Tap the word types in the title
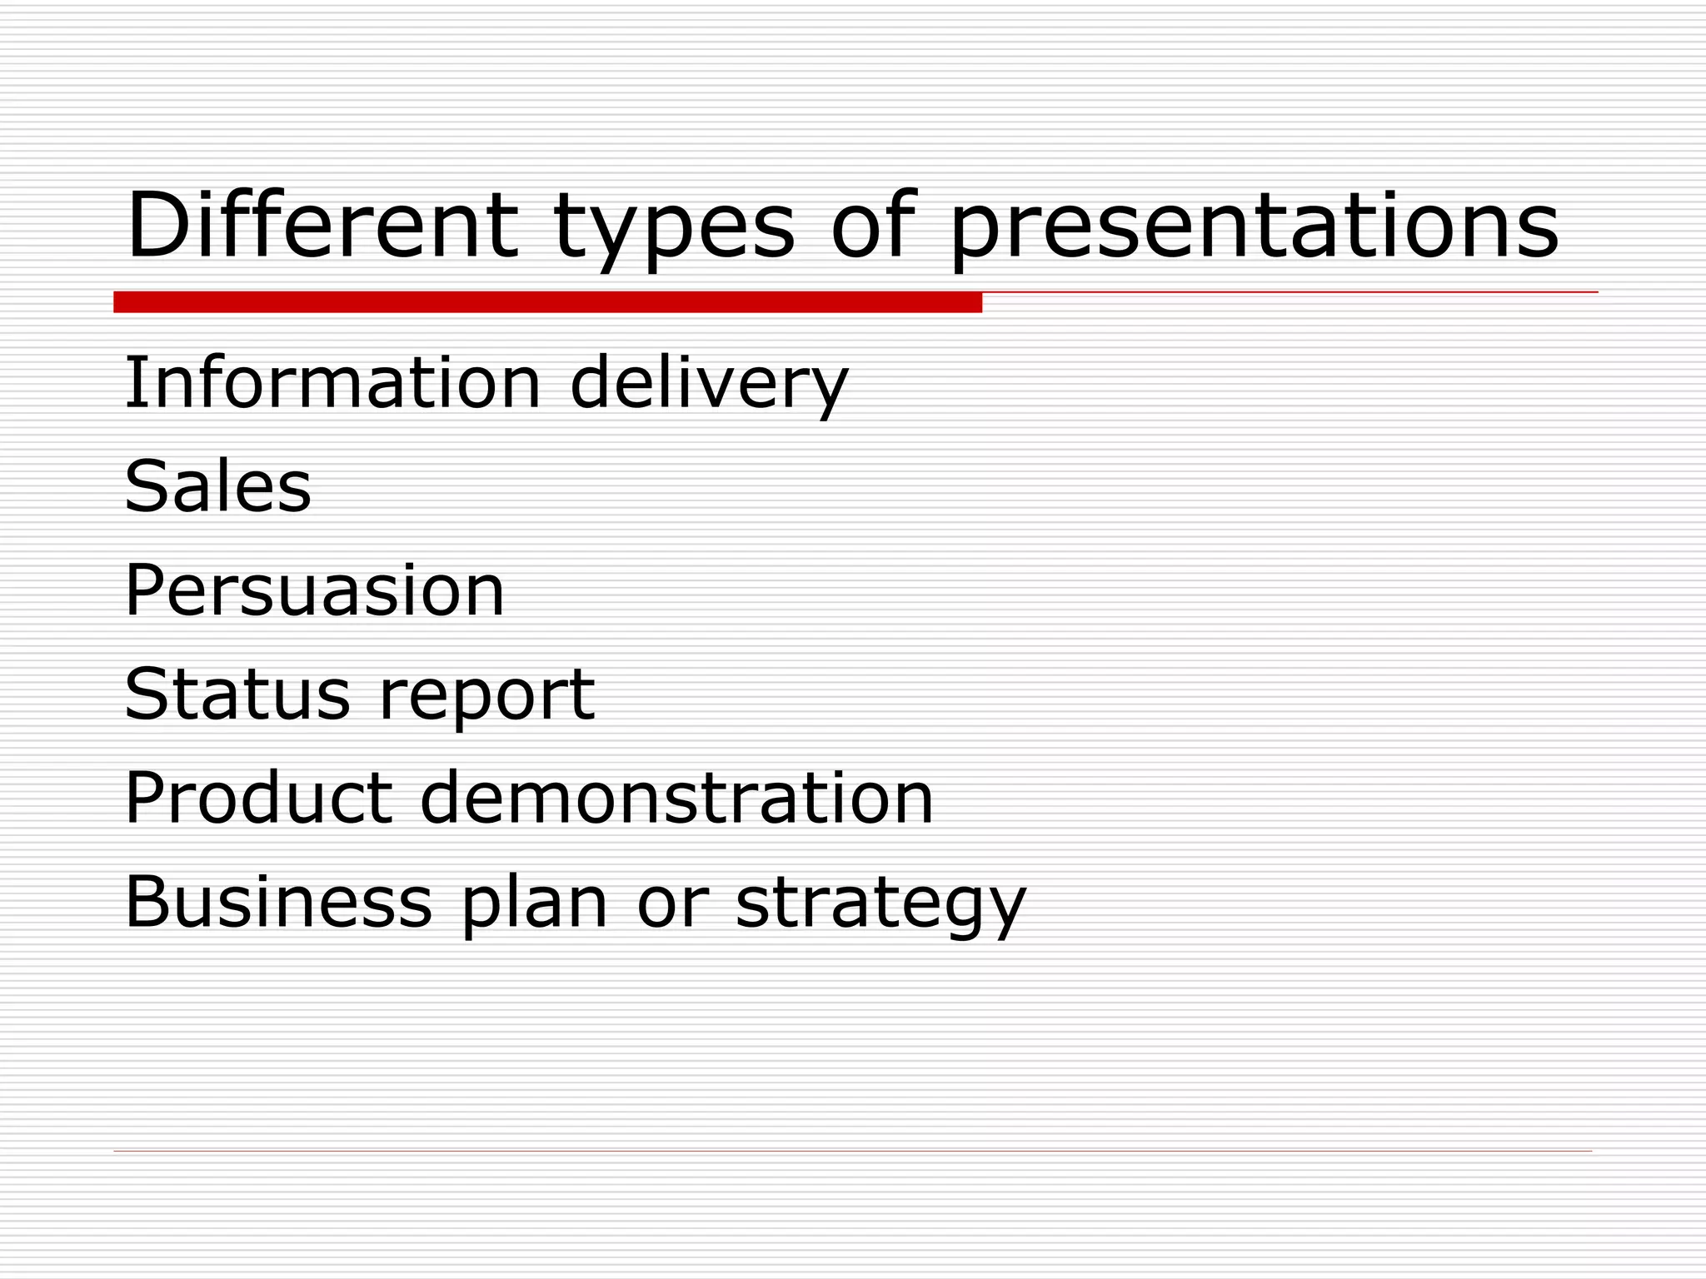coord(673,229)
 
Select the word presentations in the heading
coord(1254,229)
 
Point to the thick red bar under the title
coord(547,302)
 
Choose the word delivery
coord(709,385)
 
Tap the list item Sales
coord(217,486)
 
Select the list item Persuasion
coord(314,591)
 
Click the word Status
coord(237,694)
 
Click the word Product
coord(258,798)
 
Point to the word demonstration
coord(676,798)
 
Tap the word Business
coord(278,902)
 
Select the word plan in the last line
coord(534,905)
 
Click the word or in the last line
coord(672,903)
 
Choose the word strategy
coord(880,905)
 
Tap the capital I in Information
coord(131,382)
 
